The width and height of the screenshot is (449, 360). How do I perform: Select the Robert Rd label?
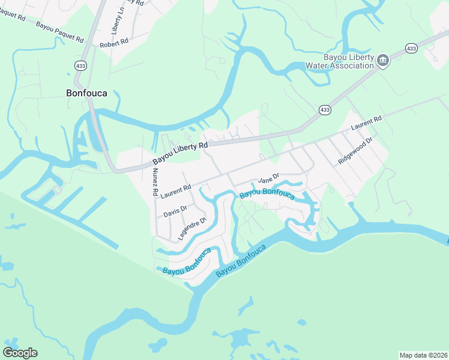(114, 43)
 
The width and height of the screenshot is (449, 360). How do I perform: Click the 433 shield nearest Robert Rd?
(80, 64)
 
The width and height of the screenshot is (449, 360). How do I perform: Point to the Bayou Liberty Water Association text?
(340, 61)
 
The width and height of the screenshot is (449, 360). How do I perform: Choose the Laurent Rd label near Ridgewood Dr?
(366, 124)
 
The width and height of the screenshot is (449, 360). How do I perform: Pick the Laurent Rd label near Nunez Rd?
(175, 191)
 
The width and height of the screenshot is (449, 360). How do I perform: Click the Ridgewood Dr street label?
(355, 151)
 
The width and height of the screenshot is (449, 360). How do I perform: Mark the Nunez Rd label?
(154, 182)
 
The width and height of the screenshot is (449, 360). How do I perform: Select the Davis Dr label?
(175, 211)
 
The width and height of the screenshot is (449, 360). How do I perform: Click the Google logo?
(20, 353)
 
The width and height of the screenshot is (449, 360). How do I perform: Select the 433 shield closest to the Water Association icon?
(411, 47)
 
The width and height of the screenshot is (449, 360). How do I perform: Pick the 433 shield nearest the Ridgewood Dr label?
(325, 110)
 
